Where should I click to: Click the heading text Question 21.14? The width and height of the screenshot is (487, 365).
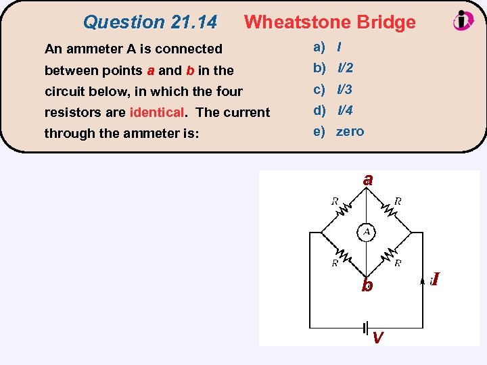pyautogui.click(x=149, y=22)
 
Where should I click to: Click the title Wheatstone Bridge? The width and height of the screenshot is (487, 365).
pyautogui.click(x=329, y=22)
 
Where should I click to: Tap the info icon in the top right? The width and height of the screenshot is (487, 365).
pyautogui.click(x=463, y=20)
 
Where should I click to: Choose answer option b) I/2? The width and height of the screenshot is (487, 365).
pyautogui.click(x=333, y=68)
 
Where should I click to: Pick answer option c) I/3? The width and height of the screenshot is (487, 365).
pyautogui.click(x=333, y=89)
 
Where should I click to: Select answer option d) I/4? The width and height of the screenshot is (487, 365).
pyautogui.click(x=333, y=110)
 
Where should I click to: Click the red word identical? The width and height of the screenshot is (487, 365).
pyautogui.click(x=156, y=112)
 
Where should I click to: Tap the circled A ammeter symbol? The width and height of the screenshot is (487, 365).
pyautogui.click(x=367, y=232)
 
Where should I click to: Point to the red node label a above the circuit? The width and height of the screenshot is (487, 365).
pyautogui.click(x=367, y=180)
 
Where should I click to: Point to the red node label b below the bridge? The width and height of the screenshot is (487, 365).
pyautogui.click(x=367, y=285)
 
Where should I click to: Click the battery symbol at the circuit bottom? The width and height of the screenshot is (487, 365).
pyautogui.click(x=367, y=327)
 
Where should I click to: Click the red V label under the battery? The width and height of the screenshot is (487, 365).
pyautogui.click(x=379, y=337)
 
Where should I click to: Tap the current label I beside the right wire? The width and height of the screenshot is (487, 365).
pyautogui.click(x=436, y=278)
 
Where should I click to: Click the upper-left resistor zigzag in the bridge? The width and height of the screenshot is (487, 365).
pyautogui.click(x=343, y=212)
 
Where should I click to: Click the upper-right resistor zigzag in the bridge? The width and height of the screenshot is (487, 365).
pyautogui.click(x=390, y=212)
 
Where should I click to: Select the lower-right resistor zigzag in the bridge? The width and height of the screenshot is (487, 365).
pyautogui.click(x=390, y=255)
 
